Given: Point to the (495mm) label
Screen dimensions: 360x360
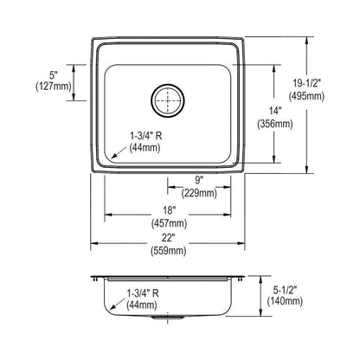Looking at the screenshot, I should [332, 98].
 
